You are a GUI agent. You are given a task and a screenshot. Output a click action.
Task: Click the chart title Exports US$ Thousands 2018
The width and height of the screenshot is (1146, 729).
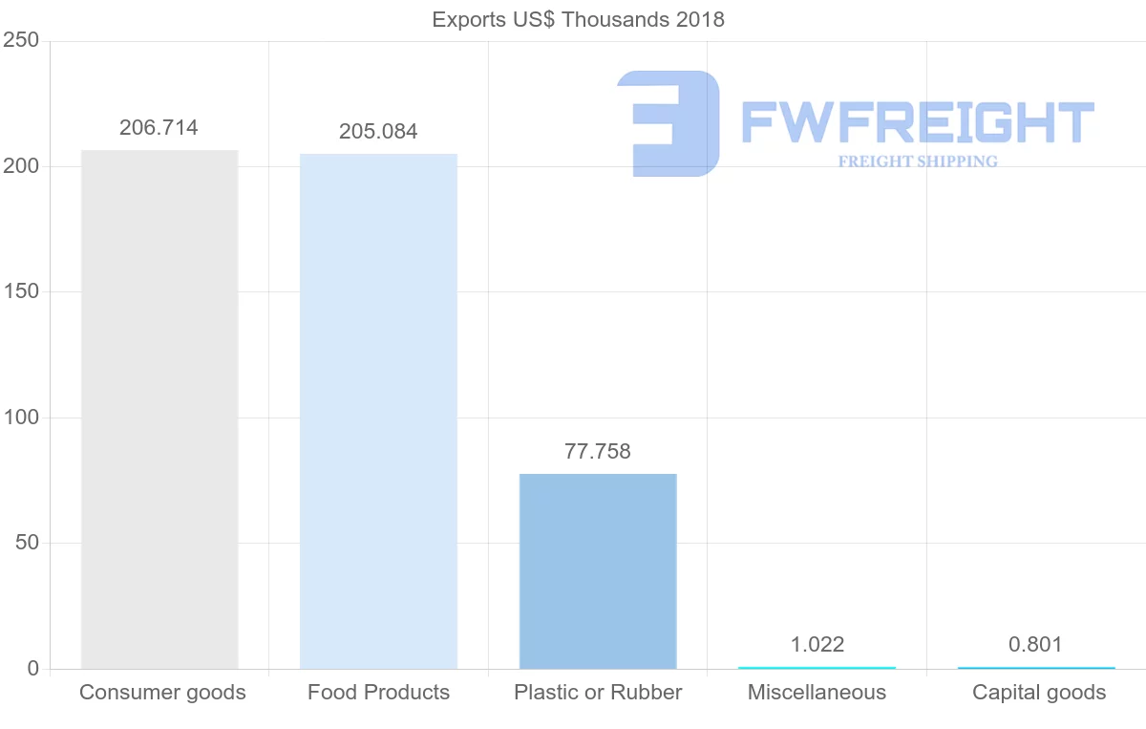point(578,19)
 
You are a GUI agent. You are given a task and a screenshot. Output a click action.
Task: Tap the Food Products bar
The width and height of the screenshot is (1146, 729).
point(378,411)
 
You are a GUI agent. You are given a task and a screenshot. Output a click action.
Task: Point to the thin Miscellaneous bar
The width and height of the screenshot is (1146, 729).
point(817,667)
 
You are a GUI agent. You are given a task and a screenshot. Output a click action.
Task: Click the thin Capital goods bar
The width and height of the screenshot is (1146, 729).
point(1036,667)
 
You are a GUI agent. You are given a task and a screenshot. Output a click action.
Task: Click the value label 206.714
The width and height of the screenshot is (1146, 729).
point(159,128)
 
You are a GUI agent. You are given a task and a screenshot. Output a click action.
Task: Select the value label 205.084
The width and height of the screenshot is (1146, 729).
point(378,132)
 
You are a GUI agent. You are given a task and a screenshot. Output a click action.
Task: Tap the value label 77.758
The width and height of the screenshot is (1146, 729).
point(598,452)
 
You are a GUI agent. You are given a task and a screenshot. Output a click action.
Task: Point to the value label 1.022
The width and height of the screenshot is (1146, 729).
point(817,645)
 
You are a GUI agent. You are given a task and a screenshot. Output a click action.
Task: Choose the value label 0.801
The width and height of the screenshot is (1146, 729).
point(1035,645)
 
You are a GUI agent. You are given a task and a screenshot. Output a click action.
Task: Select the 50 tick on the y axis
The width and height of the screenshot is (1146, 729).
point(26,543)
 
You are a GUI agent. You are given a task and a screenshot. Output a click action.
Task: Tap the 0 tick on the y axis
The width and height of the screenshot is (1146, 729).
point(32,669)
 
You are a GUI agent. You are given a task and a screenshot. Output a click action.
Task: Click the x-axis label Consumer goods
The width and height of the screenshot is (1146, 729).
point(162,693)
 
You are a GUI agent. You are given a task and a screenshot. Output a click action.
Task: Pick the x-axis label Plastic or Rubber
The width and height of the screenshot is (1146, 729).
point(598,693)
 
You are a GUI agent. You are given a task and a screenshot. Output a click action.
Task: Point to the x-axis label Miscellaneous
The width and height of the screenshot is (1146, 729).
point(817,693)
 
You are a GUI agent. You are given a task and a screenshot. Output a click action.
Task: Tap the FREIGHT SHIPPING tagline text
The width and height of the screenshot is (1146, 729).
point(918,161)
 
